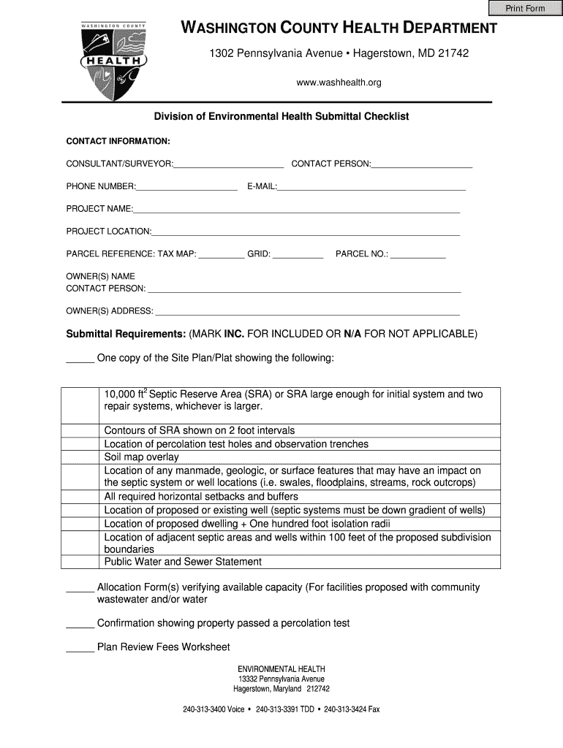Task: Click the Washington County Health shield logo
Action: (113, 61)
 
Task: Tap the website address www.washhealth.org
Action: (339, 83)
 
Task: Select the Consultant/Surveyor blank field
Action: (228, 164)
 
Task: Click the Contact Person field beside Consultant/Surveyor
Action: (422, 164)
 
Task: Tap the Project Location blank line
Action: (306, 232)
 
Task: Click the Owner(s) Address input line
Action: (307, 311)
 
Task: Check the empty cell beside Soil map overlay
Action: (80, 457)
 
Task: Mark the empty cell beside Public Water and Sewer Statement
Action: (80, 562)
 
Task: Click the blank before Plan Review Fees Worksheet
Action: (80, 647)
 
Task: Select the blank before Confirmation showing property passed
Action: (80, 624)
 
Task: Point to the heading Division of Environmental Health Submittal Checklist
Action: (281, 117)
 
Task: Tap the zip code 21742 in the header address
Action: (453, 53)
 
